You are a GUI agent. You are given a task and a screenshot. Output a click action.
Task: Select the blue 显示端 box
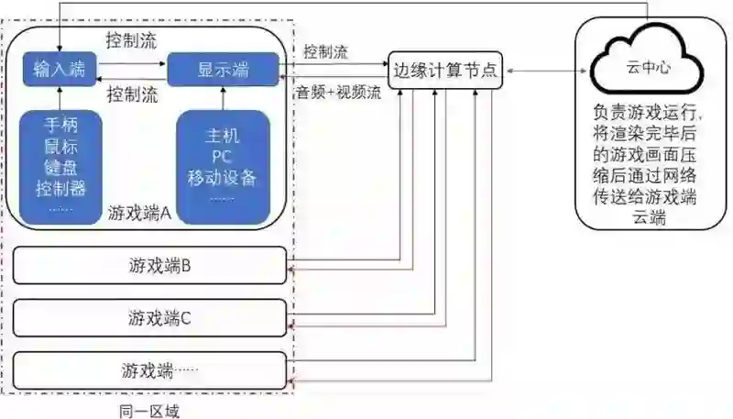pos(224,70)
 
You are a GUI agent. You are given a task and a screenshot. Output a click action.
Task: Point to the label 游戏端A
pos(139,213)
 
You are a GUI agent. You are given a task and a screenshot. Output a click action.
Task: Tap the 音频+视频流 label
pos(336,92)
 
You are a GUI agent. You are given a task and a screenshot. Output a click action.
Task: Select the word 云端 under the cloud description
pos(647,217)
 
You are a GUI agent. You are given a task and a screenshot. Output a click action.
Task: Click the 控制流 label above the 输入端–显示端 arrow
pos(131,41)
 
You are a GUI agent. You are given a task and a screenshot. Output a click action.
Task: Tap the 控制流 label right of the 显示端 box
pos(325,52)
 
